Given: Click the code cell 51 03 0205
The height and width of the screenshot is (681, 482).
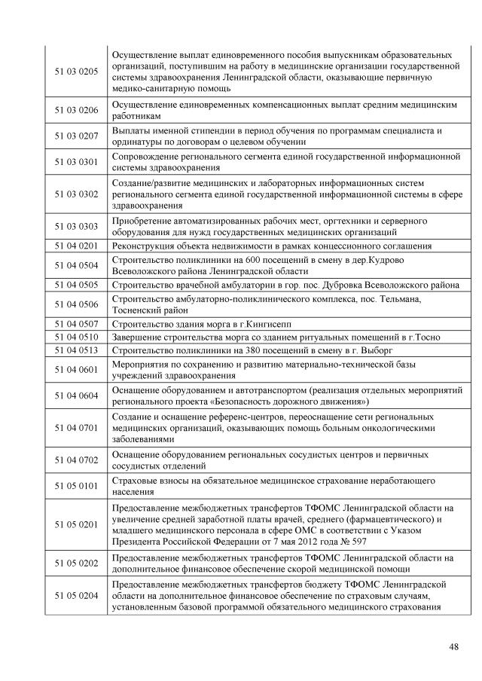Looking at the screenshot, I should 76,72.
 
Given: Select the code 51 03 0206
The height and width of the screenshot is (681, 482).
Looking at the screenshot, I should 76,110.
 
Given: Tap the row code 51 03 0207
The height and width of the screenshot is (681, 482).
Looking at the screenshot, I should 76,136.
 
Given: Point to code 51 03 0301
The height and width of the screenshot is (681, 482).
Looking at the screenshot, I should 76,161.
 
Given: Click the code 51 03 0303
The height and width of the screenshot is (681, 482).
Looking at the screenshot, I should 76,226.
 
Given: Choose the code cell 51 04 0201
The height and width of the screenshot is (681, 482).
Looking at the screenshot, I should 76,246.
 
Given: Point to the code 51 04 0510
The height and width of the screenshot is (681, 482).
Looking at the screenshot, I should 76,337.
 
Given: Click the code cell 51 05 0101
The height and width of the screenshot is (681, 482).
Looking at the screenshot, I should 76,486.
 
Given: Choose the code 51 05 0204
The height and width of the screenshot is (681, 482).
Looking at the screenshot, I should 76,595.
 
